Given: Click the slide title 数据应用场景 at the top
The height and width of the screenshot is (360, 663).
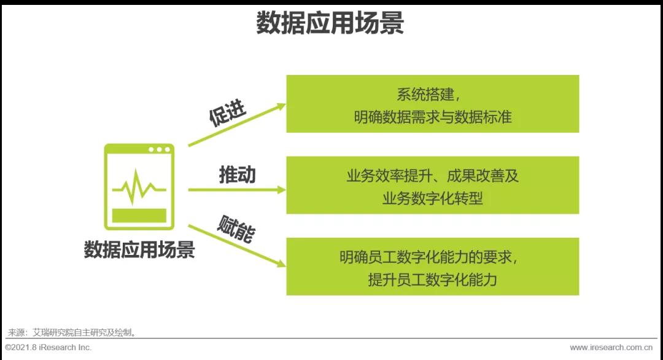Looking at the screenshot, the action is (330, 23).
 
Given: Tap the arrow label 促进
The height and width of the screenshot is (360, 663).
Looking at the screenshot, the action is (228, 113).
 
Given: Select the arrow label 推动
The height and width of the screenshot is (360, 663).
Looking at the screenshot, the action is (237, 174).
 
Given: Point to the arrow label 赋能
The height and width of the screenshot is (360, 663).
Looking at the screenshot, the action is (236, 229).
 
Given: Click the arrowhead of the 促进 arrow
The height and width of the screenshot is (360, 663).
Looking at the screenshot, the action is (281, 107).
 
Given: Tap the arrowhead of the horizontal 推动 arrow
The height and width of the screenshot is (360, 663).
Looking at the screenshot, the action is (282, 190).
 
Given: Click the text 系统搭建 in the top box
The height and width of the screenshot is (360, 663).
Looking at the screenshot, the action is (425, 95).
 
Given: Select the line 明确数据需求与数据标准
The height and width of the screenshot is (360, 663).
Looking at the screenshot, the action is (433, 117).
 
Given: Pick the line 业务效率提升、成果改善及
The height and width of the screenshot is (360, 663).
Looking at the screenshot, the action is (433, 176).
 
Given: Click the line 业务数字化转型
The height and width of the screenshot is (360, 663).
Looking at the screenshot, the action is (433, 198).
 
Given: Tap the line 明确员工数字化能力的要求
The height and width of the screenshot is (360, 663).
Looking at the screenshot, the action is (425, 257).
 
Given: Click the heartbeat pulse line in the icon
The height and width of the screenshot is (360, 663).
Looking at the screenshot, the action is (139, 187).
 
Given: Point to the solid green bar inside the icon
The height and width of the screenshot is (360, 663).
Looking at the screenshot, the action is (139, 215).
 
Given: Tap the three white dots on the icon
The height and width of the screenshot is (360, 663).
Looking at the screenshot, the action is (159, 149).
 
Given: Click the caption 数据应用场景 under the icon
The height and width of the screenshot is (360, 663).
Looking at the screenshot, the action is (139, 249).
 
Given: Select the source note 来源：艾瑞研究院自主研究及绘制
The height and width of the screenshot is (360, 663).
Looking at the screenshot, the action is (72, 332).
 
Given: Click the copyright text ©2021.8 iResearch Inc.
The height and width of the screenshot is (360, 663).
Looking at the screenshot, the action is (48, 347).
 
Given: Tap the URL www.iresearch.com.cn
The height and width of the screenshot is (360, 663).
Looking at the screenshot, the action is (611, 347).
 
